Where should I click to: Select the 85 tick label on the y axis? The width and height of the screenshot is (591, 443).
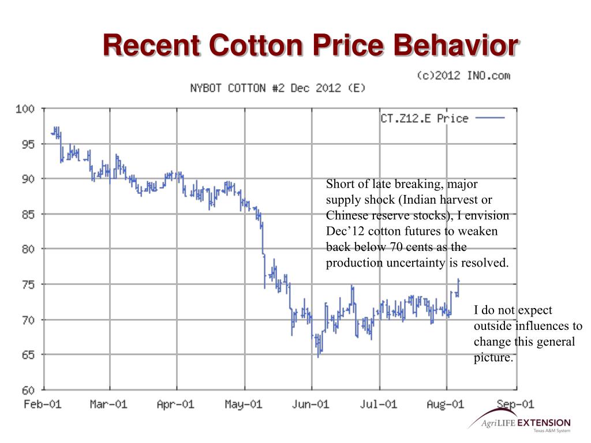click(29, 214)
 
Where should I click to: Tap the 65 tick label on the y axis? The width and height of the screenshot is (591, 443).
click(29, 354)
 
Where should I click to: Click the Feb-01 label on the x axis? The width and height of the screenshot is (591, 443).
click(42, 404)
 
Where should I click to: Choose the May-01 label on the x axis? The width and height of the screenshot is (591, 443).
click(244, 404)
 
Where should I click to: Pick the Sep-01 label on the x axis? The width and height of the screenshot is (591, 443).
click(515, 404)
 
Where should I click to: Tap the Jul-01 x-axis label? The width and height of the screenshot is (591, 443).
click(379, 404)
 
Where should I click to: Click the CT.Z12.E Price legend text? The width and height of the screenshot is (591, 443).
click(424, 118)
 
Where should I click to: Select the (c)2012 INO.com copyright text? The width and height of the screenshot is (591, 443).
click(463, 76)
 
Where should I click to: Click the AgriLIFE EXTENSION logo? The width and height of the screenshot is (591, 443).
click(519, 425)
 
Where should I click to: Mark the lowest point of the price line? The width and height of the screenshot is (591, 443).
click(318, 356)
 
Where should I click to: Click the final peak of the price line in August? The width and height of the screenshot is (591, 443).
click(458, 280)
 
